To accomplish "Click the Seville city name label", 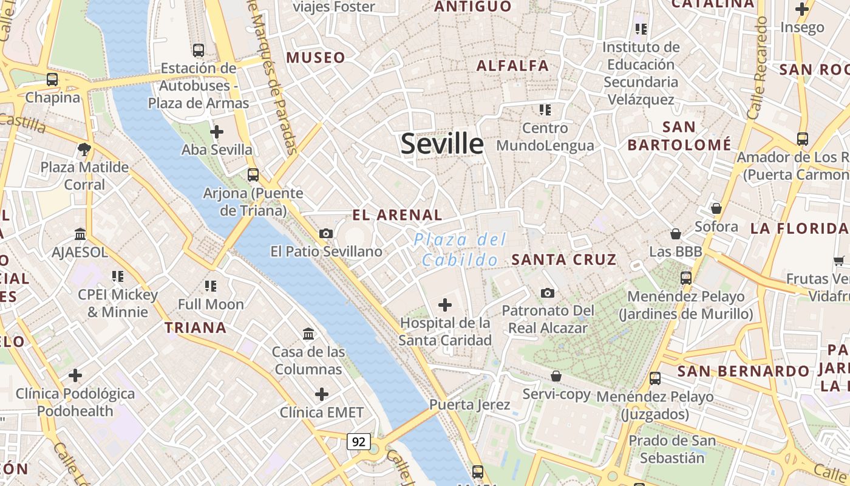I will tap(442, 145).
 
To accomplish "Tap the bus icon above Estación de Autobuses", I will tap(198, 50).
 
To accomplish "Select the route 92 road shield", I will tap(358, 442).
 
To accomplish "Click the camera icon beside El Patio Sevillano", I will tap(326, 233).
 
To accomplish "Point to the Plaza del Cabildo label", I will tap(460, 250).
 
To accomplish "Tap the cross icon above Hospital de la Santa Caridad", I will tap(445, 304).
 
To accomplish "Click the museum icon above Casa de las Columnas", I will tap(308, 334).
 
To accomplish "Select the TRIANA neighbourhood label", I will tap(195, 328).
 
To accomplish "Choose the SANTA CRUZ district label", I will tap(563, 260).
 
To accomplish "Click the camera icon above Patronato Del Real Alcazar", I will tap(548, 293).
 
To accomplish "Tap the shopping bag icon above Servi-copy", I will tap(556, 377).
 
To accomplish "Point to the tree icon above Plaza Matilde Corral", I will tap(84, 149).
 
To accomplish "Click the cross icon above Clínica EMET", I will tap(322, 395).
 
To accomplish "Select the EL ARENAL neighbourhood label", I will tap(398, 215).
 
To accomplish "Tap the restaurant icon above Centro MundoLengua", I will tap(545, 110).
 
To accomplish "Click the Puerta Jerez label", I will tap(470, 405).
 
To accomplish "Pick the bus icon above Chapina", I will tap(52, 79).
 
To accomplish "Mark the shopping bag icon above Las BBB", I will tap(676, 234).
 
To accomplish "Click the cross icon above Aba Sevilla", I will tap(217, 131).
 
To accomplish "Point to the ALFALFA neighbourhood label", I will tap(512, 66).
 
